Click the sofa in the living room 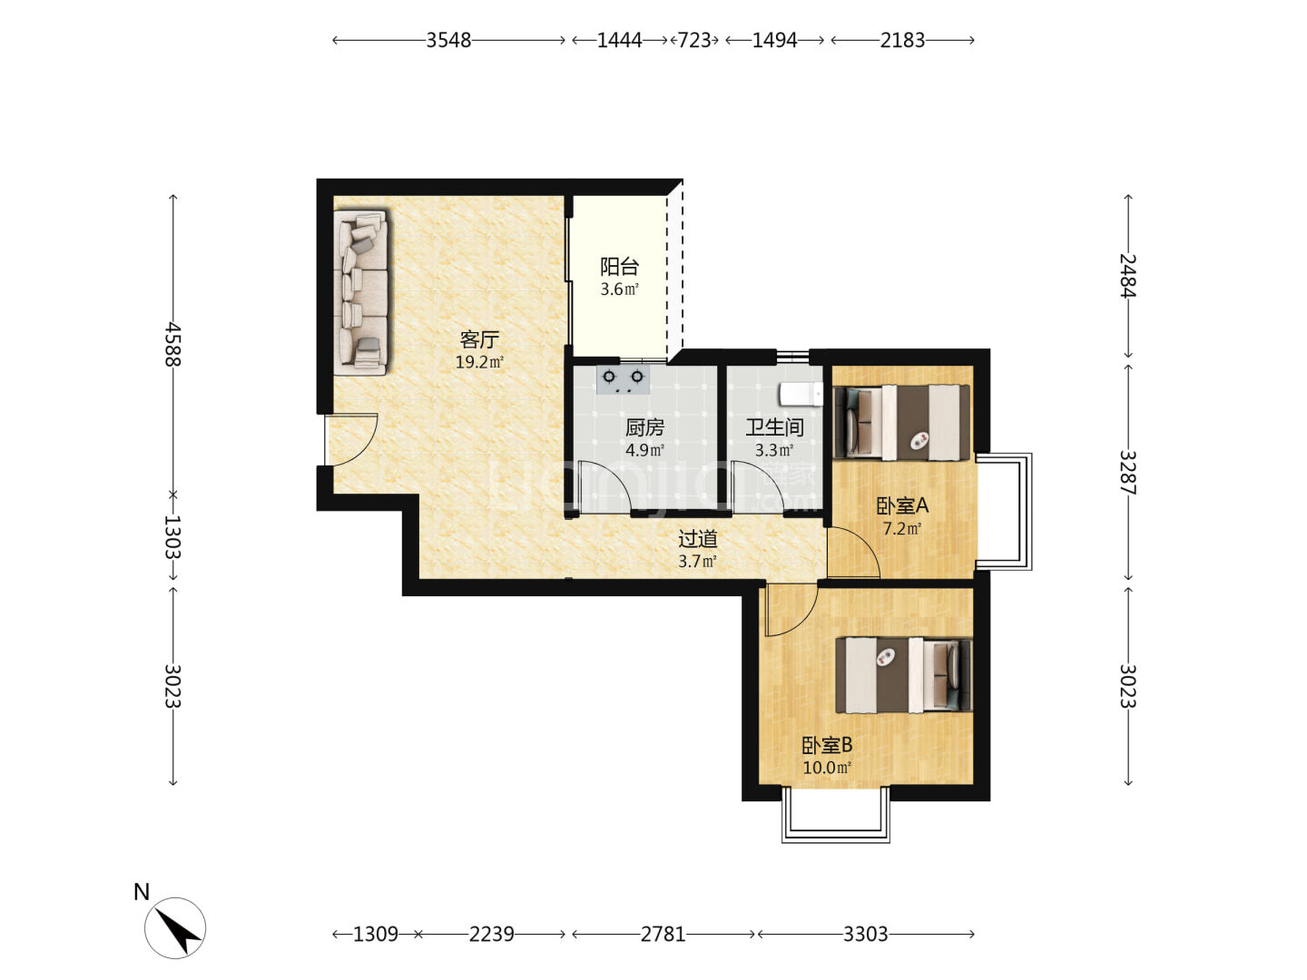tap(361, 292)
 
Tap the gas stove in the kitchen tap(623, 379)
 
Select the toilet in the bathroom tap(801, 394)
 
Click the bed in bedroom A tap(901, 423)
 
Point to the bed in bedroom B tap(904, 675)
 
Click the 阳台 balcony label tap(619, 267)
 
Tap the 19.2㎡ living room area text tap(479, 362)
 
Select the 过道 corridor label tap(697, 539)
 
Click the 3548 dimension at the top tap(448, 41)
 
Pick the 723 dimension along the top tap(695, 41)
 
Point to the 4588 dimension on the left tap(173, 345)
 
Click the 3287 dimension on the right tap(1128, 473)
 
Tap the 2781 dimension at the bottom tap(663, 935)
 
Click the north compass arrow tap(177, 931)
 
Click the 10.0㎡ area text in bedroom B tap(827, 768)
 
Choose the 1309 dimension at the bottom tap(375, 935)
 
